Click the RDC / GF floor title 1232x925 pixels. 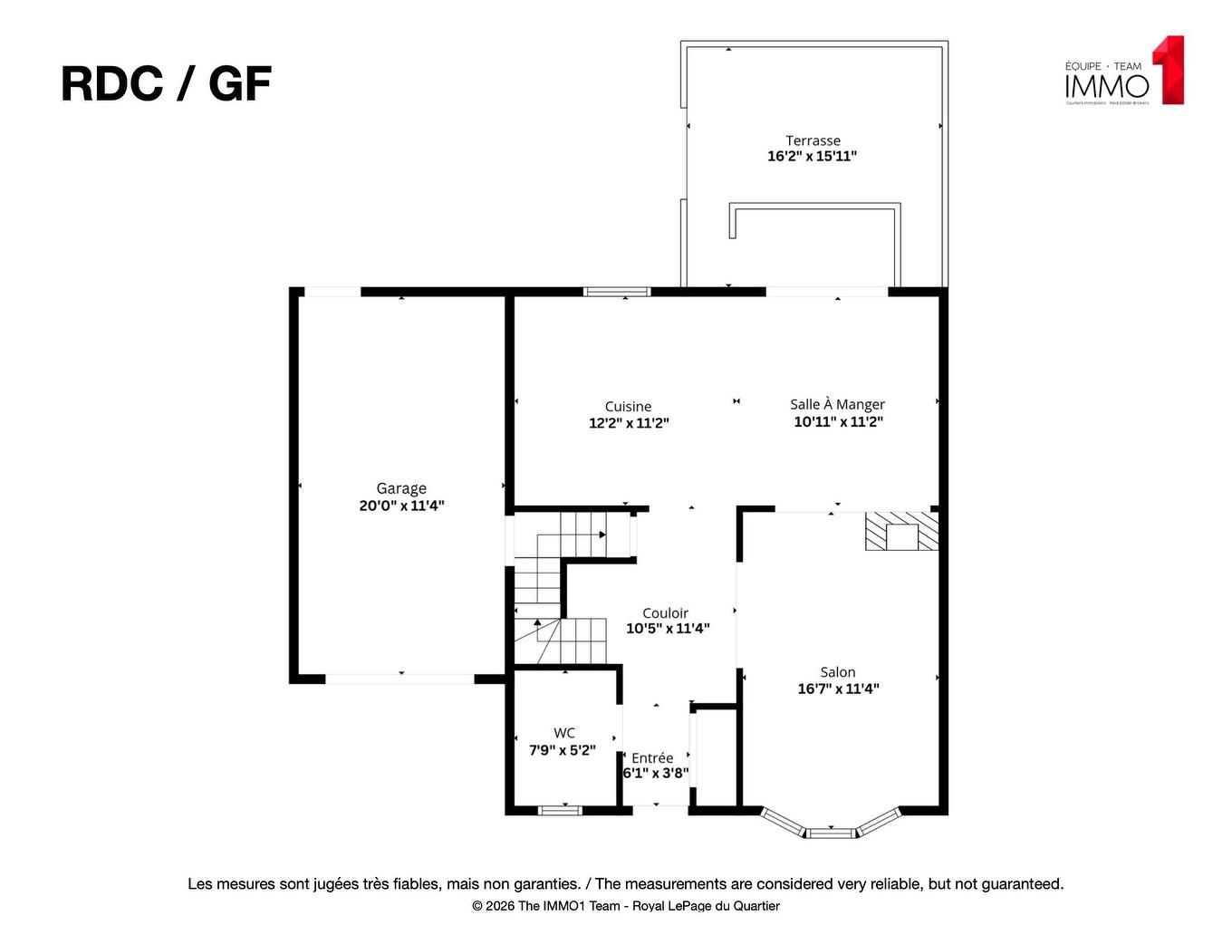tap(166, 84)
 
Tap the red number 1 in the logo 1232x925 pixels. tap(1169, 70)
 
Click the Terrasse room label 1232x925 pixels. tap(813, 140)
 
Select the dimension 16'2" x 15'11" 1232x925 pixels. tap(812, 156)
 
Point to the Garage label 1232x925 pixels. tap(401, 488)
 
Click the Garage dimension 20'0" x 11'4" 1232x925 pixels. tap(401, 506)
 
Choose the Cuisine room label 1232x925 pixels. tap(628, 407)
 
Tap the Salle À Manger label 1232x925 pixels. tap(837, 404)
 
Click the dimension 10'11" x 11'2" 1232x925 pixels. tap(838, 421)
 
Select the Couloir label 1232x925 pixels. tap(665, 613)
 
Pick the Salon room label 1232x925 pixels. tap(837, 672)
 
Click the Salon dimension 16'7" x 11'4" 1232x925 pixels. tap(838, 689)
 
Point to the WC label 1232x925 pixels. tap(563, 733)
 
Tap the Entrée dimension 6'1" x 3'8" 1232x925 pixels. tap(655, 774)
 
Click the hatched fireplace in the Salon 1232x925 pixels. tap(901, 532)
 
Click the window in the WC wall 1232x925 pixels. tap(560, 810)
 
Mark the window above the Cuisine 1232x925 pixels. tap(617, 292)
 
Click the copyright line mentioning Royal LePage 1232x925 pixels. tap(625, 906)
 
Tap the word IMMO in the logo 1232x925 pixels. tap(1106, 87)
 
